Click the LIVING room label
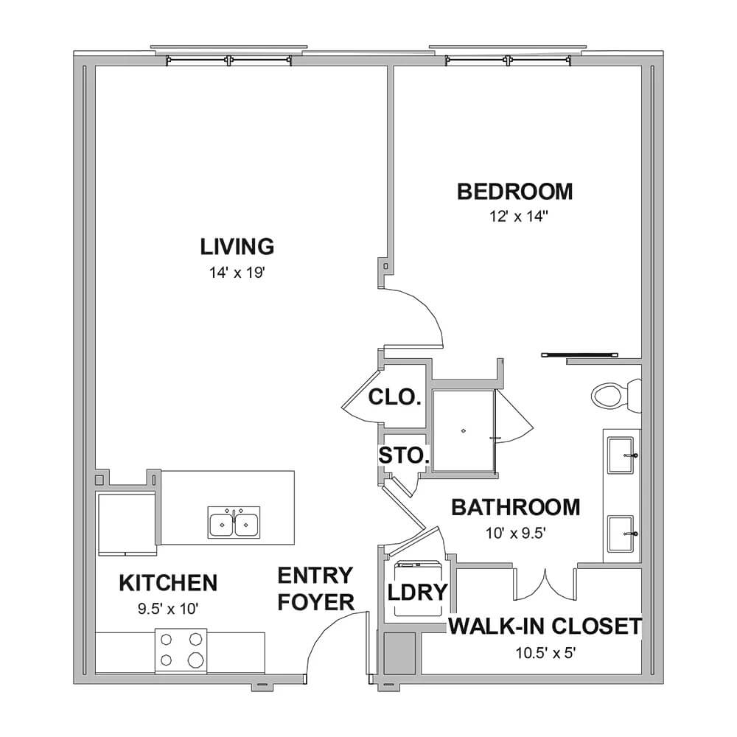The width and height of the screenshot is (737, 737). [x=237, y=247]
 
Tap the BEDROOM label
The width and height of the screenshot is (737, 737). [x=514, y=192]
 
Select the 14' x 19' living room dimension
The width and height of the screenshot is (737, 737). [x=237, y=273]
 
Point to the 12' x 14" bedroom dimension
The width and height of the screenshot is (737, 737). [x=519, y=217]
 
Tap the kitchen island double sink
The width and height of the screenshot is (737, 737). [x=234, y=523]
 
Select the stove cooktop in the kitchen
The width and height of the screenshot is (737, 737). [x=181, y=651]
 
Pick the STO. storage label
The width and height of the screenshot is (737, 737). [x=404, y=455]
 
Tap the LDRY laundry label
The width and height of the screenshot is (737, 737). [x=417, y=593]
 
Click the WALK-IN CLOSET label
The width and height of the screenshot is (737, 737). [x=545, y=626]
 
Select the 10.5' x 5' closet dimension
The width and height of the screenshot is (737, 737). [x=545, y=653]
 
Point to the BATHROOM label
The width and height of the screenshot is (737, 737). [x=516, y=508]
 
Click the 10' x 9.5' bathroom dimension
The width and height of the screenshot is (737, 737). [x=515, y=534]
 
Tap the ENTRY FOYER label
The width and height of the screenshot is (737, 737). [x=315, y=589]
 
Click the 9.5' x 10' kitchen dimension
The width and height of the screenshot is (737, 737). [x=168, y=609]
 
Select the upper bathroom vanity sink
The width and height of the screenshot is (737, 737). [x=621, y=455]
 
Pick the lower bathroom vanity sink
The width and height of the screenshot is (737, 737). [x=621, y=534]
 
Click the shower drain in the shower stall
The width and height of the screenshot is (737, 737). [x=464, y=431]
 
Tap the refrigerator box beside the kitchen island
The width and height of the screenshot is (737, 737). [x=127, y=524]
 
